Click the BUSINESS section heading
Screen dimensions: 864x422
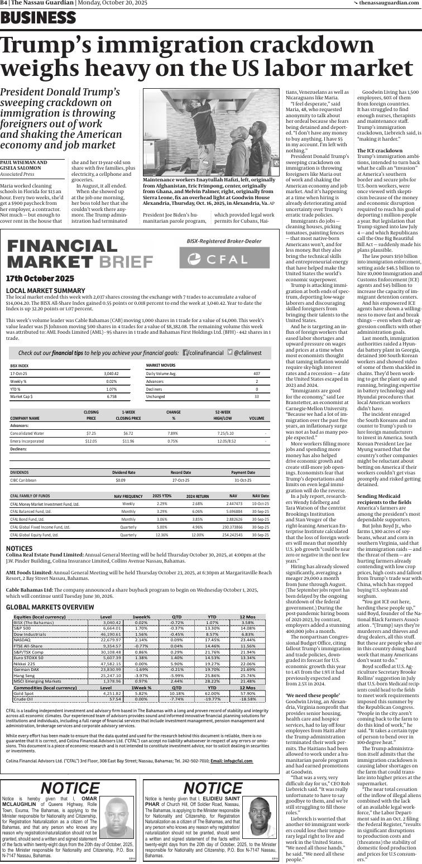[x=38, y=18]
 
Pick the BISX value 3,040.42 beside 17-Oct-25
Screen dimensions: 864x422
[x=111, y=373]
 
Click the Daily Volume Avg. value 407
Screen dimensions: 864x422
[x=256, y=373]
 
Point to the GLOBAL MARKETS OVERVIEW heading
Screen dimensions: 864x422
[x=50, y=592]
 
